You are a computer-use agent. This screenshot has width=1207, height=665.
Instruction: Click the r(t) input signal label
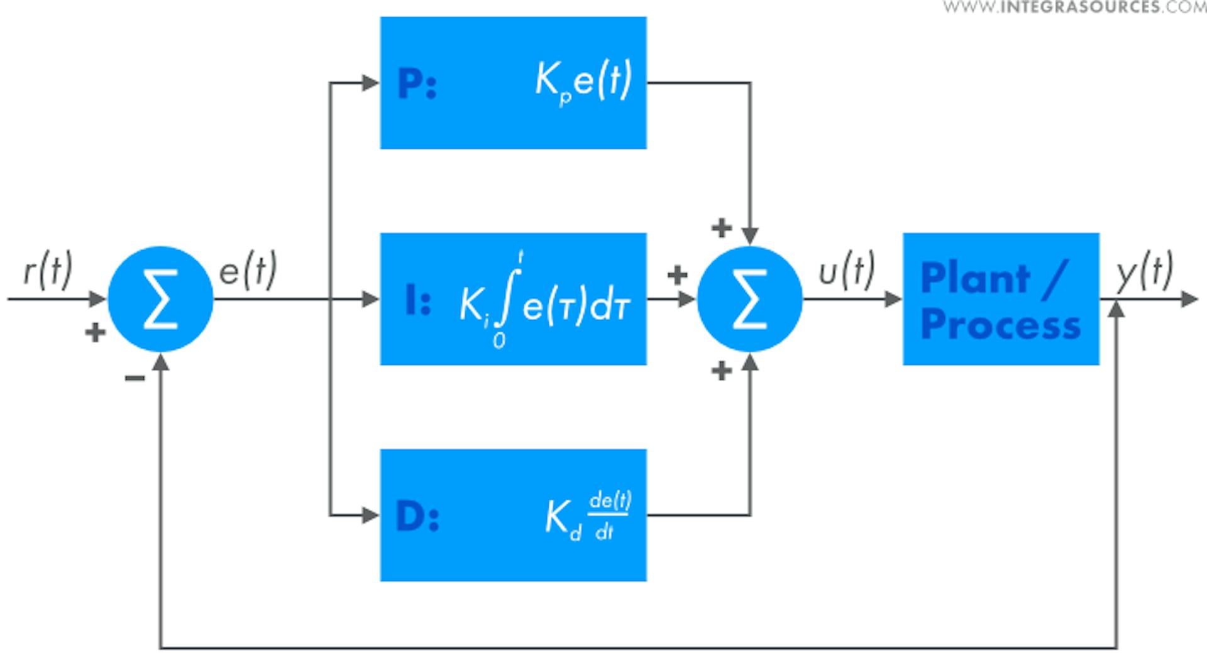click(x=48, y=270)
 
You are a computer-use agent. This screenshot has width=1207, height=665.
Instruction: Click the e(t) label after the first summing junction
click(x=248, y=270)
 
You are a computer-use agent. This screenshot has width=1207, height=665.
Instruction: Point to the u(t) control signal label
click(x=846, y=271)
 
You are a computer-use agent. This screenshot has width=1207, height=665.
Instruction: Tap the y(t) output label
click(x=1144, y=271)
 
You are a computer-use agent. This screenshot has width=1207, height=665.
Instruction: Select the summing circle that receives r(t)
click(x=161, y=299)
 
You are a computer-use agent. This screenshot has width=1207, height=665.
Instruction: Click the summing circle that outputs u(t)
click(x=749, y=299)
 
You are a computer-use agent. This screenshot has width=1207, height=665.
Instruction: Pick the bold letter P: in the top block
click(x=417, y=84)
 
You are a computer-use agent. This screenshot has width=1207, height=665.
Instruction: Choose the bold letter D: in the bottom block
click(x=417, y=517)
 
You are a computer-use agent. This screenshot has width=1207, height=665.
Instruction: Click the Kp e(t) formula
click(x=583, y=82)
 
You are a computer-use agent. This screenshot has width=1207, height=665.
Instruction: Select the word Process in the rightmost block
click(x=1000, y=325)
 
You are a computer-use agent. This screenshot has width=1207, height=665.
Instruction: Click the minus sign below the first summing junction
click(x=135, y=378)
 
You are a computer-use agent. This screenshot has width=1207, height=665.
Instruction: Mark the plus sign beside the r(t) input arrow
click(x=95, y=332)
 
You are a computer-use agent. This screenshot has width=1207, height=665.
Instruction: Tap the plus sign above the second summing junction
click(x=722, y=227)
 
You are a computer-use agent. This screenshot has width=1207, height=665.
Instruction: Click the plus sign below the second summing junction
click(x=722, y=371)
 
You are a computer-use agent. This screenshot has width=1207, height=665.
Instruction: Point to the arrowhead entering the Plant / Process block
click(x=894, y=299)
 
